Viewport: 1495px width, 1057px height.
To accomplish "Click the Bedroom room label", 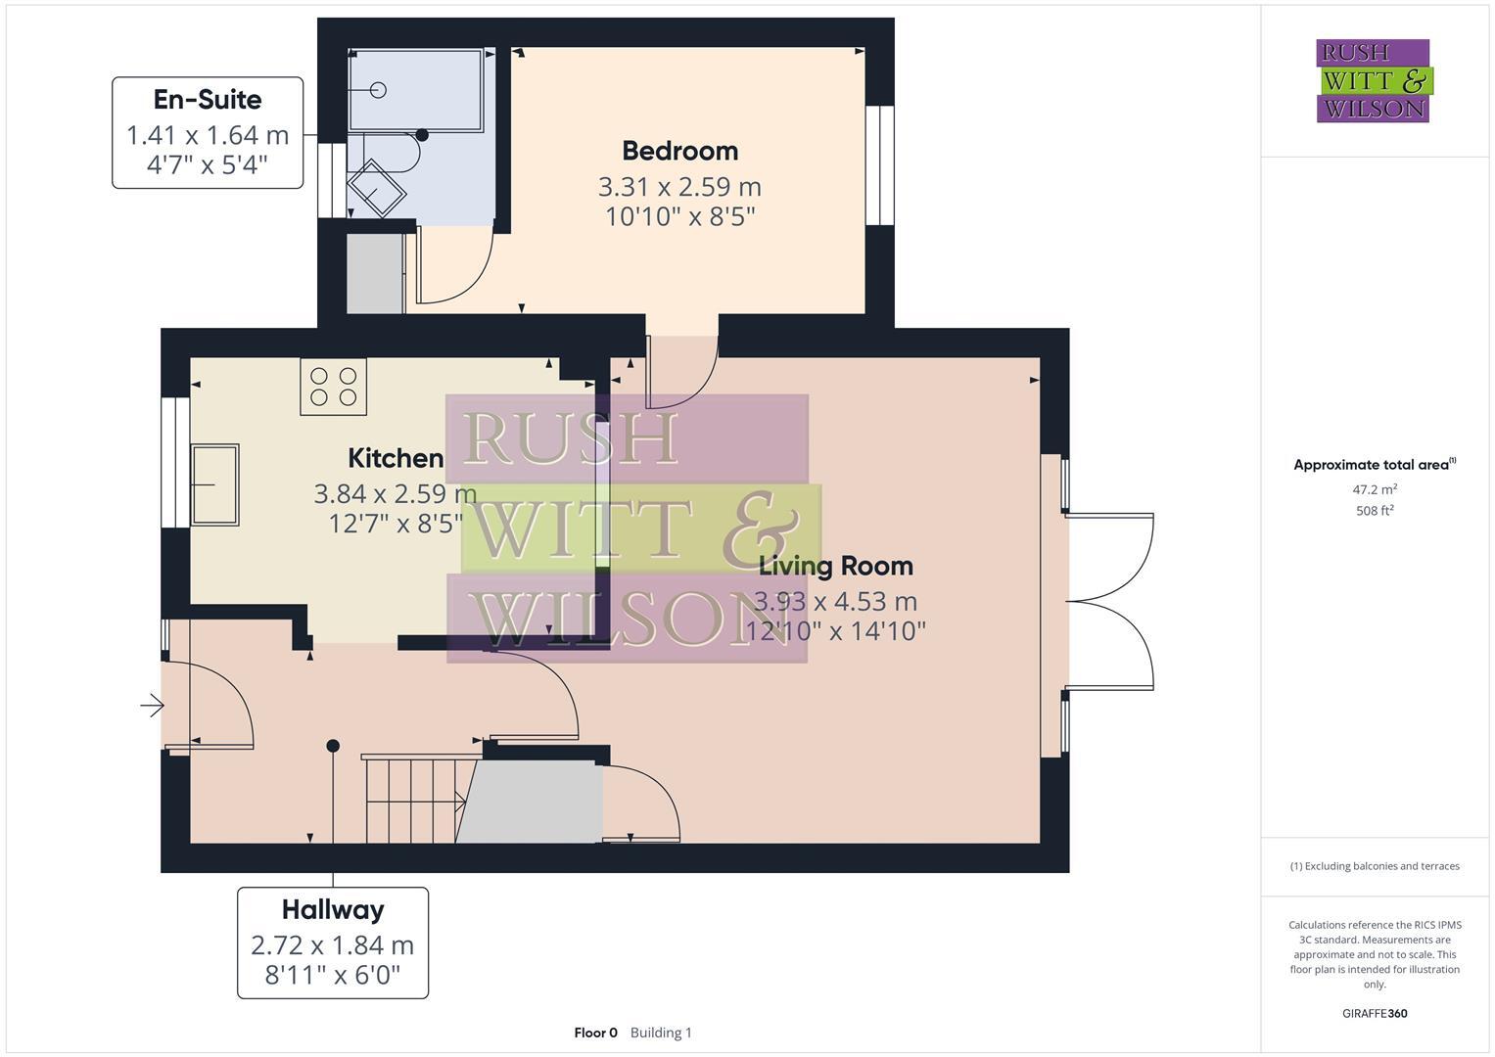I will (679, 151).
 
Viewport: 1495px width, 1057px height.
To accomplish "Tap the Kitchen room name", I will (396, 458).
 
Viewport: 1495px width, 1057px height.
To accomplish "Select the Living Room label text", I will (836, 566).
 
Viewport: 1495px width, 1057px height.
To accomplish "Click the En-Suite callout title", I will (208, 100).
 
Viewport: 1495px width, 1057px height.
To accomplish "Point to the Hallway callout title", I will (333, 910).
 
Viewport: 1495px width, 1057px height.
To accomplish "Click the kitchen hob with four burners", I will (333, 387).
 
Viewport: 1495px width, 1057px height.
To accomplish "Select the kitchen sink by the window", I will (214, 483).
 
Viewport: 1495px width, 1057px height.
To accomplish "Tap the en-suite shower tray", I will (416, 90).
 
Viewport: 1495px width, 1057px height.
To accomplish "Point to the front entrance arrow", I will (152, 705).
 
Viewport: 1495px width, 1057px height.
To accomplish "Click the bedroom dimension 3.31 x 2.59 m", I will (679, 186).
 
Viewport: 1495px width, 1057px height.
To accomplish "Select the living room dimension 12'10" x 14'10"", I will (836, 631).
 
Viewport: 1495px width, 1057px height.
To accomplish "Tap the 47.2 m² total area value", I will (1375, 489).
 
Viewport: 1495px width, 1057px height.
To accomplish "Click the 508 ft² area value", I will (1375, 511).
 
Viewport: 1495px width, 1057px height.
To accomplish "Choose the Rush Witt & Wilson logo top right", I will (1373, 80).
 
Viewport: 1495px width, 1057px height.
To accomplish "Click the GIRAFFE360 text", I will (1375, 1013).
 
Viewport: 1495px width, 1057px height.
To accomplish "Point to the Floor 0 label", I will (595, 1033).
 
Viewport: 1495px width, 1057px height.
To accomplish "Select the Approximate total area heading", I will (1373, 465).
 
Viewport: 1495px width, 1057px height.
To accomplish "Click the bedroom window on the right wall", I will (880, 164).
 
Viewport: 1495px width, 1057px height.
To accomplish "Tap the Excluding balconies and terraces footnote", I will (1375, 866).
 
